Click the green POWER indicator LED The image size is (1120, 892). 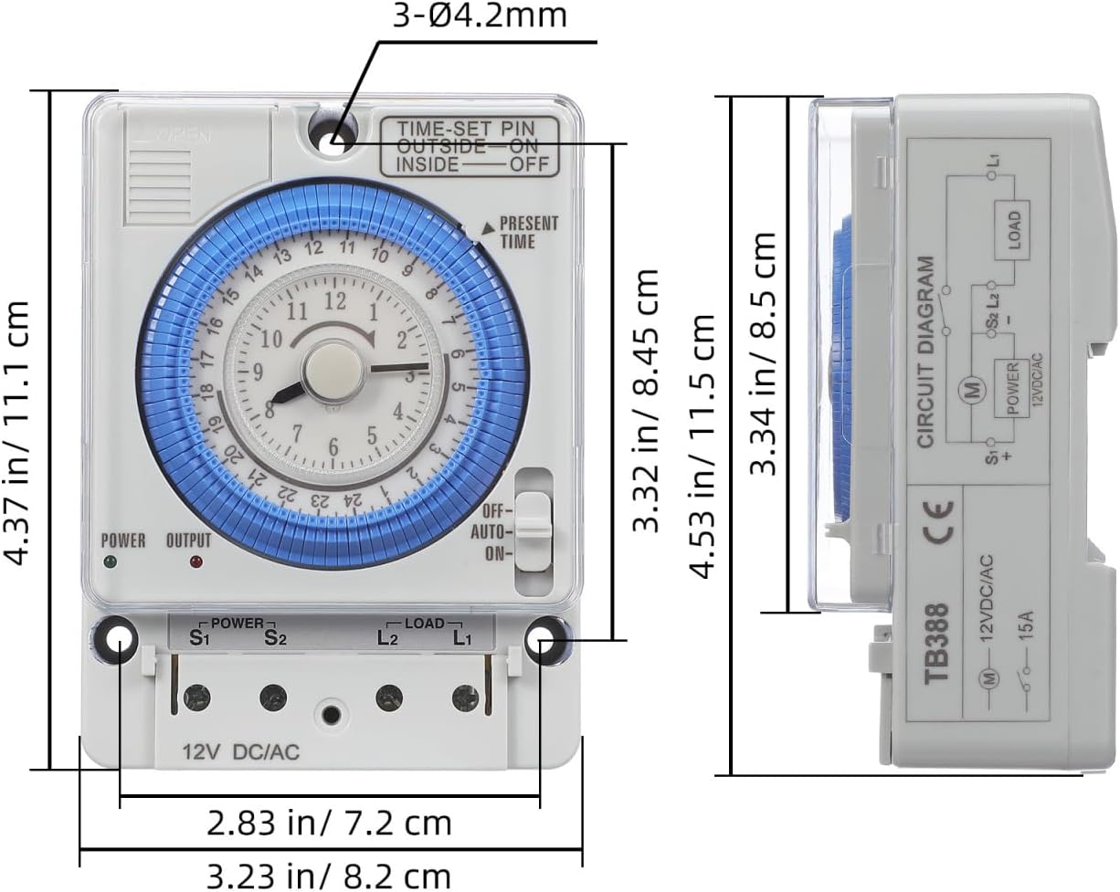pyautogui.click(x=111, y=561)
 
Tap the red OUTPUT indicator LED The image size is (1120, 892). pyautogui.click(x=194, y=561)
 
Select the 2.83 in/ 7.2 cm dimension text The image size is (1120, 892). pyautogui.click(x=329, y=823)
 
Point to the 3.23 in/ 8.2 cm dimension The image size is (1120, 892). pyautogui.click(x=329, y=876)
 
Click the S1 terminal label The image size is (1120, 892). pyautogui.click(x=199, y=637)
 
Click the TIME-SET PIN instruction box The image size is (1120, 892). pyautogui.click(x=470, y=146)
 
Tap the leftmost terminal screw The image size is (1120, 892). pyautogui.click(x=195, y=698)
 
